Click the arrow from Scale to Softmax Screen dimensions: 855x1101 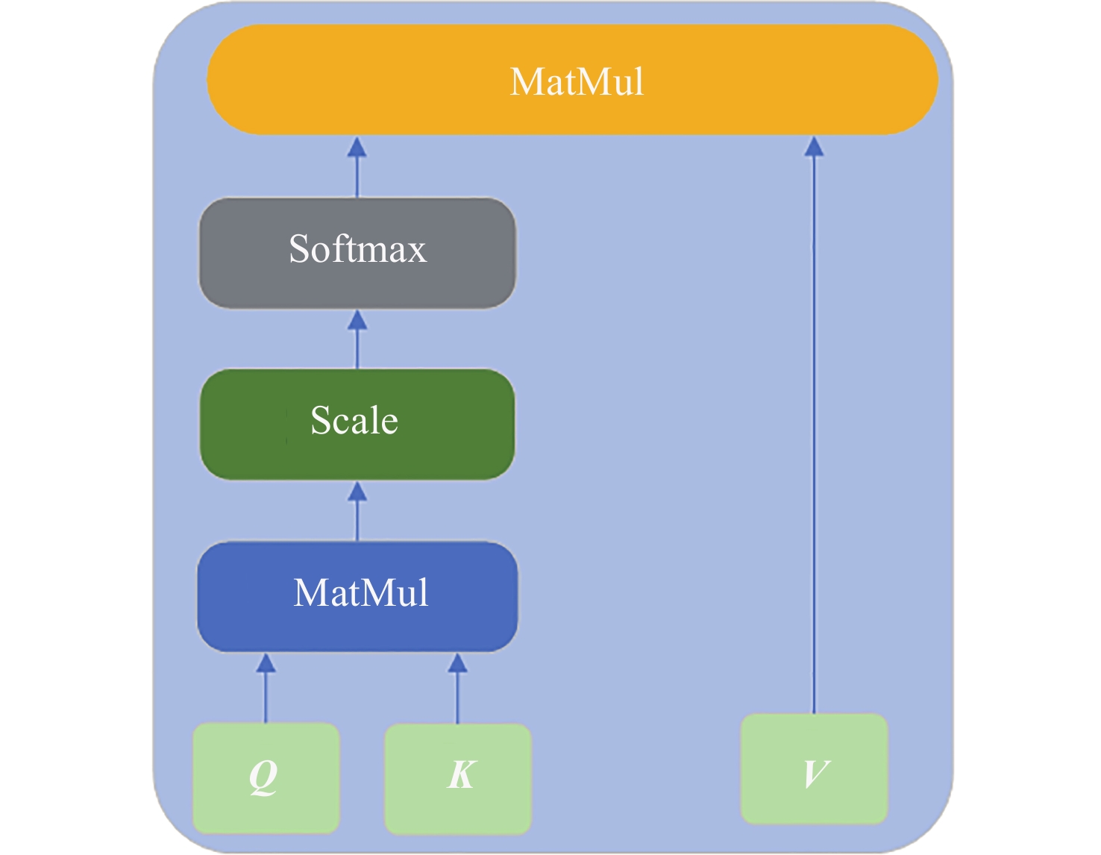click(357, 339)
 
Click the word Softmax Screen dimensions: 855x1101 click(357, 248)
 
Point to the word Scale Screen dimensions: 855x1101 click(354, 420)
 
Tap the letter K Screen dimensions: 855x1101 click(461, 774)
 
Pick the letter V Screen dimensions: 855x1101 click(815, 773)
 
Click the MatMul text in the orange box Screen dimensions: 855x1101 click(577, 81)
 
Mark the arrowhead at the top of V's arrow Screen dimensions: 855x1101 click(814, 146)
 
